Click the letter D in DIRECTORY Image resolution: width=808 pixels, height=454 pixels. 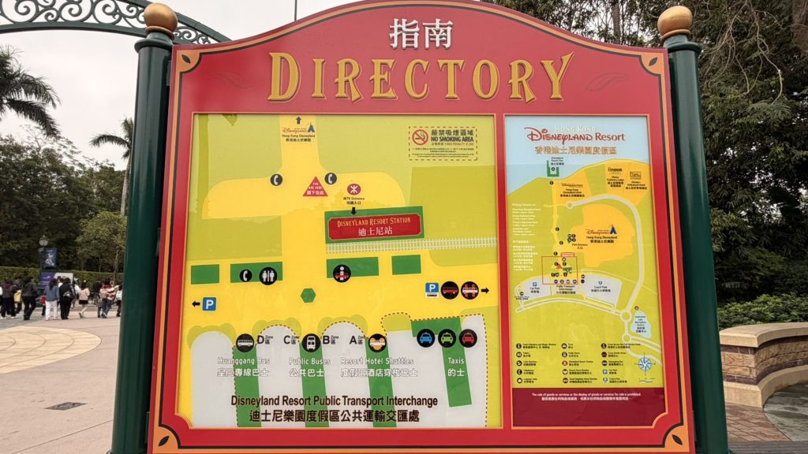[x=284, y=77]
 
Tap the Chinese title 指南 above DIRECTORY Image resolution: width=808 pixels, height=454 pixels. [x=421, y=34]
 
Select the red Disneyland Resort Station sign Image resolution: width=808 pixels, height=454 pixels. [x=375, y=225]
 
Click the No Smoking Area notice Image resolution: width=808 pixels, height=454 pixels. [x=443, y=143]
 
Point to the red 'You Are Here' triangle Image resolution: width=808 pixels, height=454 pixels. [x=315, y=188]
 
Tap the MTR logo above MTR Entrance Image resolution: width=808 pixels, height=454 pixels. [x=353, y=189]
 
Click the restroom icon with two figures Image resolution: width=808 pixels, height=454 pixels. [x=268, y=276]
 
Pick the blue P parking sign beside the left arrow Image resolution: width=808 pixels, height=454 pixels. [x=209, y=303]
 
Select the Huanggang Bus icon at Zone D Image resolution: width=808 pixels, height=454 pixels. [x=245, y=343]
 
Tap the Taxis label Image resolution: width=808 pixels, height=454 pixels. [x=456, y=367]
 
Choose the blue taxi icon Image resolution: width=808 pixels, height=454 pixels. [x=426, y=338]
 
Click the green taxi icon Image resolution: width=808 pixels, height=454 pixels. [x=447, y=338]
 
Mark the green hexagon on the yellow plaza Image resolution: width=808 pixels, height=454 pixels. [x=308, y=295]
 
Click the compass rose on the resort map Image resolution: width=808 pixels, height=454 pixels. [x=645, y=363]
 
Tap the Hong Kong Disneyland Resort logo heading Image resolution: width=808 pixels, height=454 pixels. [x=574, y=136]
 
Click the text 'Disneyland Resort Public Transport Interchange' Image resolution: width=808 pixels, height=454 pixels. [x=334, y=401]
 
